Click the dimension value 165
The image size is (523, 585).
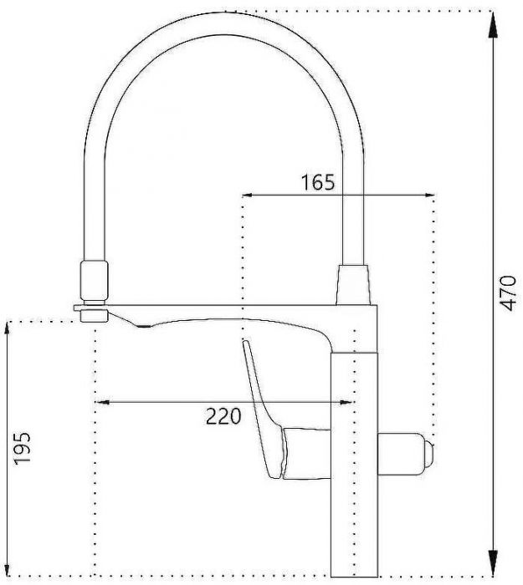tap(318, 181)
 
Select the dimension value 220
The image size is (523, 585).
tap(223, 415)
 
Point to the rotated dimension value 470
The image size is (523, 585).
tap(508, 292)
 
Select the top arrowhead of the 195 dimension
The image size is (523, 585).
tap(8, 328)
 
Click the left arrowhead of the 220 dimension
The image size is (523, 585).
tap(101, 402)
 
